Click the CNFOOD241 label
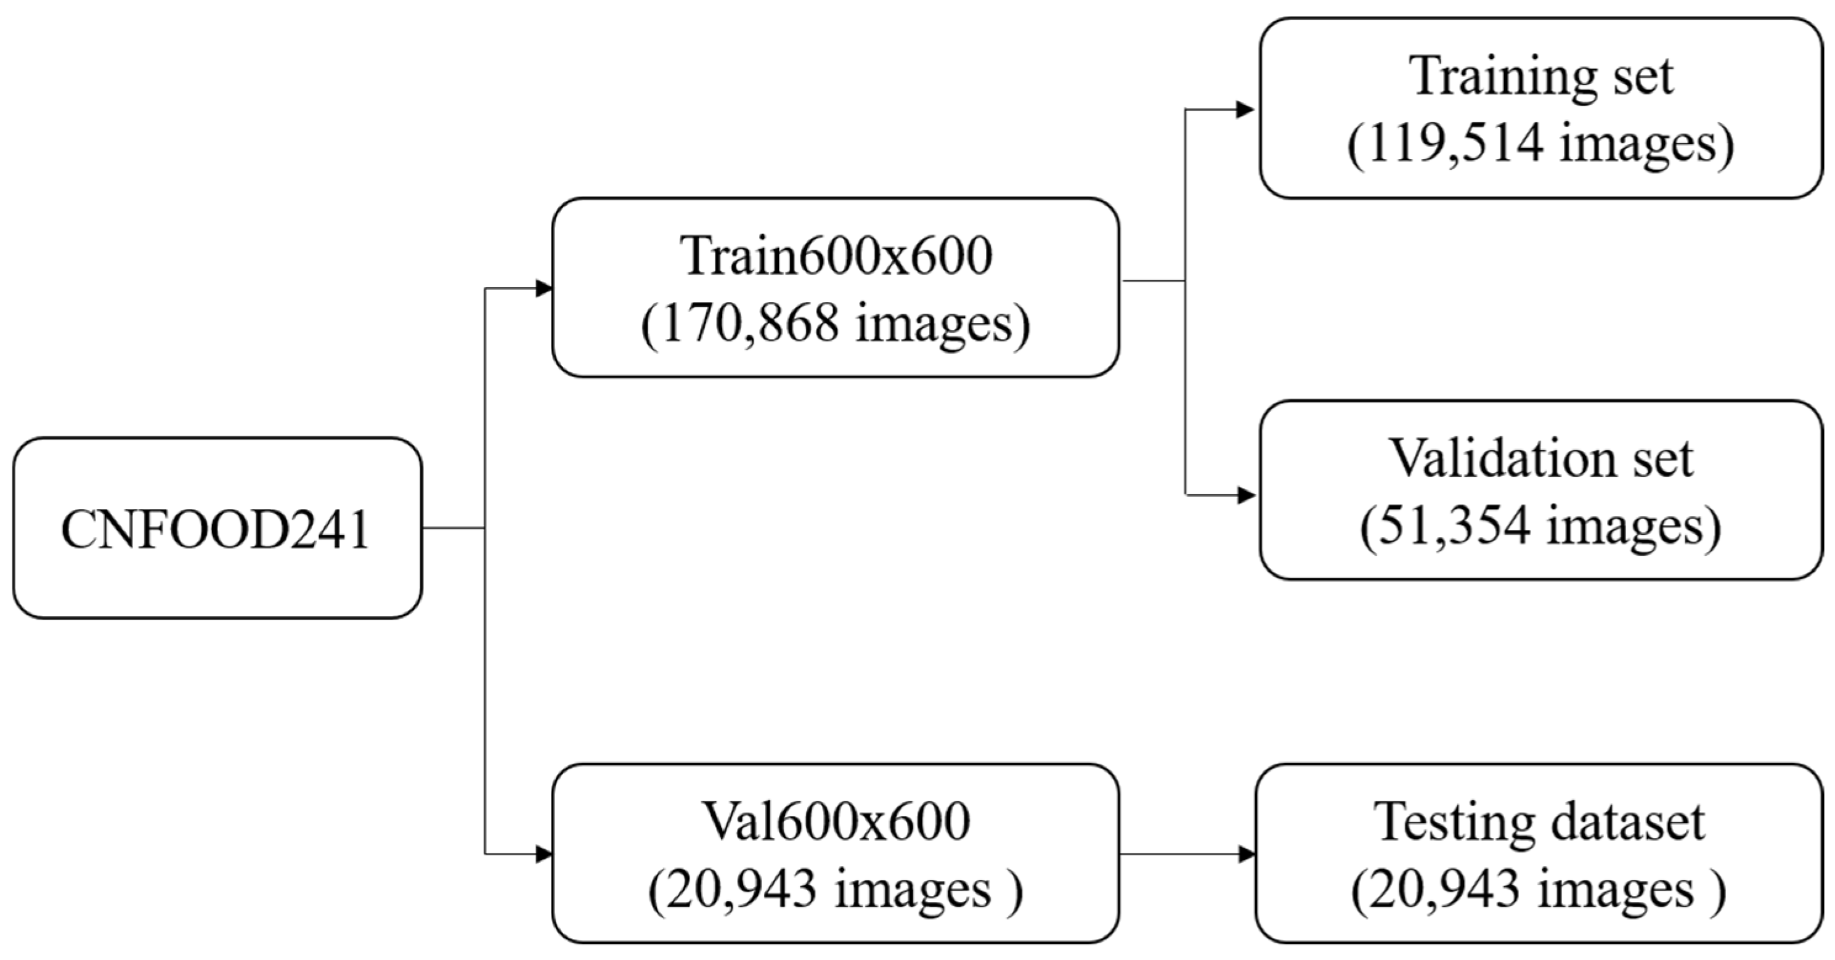[215, 529]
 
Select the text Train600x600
[835, 256]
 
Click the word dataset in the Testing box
[1628, 822]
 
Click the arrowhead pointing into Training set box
[1245, 110]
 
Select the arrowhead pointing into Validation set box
[1245, 495]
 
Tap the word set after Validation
[1661, 458]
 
